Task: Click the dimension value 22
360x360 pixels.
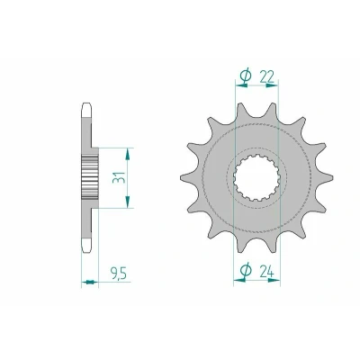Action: click(266, 77)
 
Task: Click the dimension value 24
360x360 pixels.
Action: click(266, 273)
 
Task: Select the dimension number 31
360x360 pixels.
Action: click(118, 177)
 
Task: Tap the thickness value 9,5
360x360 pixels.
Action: click(119, 274)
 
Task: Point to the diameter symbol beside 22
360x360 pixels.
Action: click(246, 77)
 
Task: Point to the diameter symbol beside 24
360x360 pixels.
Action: click(246, 272)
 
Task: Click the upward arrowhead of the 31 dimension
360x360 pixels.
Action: click(128, 154)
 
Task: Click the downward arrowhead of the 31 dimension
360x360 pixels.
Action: click(128, 202)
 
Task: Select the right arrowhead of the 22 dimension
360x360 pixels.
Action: click(272, 85)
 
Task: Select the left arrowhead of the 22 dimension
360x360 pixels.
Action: click(242, 85)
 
